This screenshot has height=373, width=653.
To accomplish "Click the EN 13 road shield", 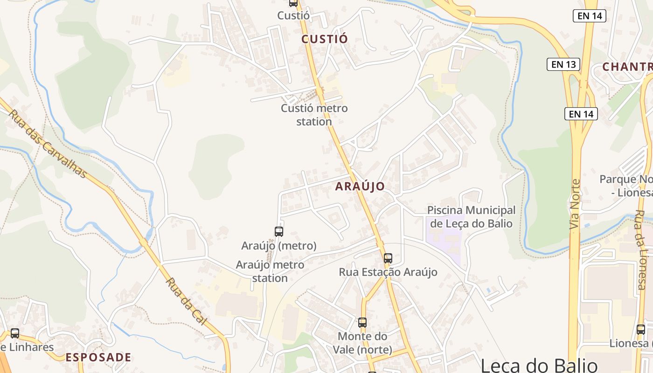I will [563, 64].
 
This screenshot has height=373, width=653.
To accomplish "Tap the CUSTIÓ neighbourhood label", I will [325, 39].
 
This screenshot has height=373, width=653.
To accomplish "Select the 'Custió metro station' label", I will [314, 115].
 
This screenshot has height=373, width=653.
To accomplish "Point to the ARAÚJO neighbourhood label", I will [360, 186].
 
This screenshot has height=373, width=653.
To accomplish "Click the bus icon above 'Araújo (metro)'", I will [279, 231].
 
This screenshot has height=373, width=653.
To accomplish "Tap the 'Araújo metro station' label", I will [270, 271].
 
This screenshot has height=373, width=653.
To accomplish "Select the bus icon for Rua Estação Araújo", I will [388, 258].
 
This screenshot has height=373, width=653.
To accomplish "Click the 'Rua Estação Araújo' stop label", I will [388, 272].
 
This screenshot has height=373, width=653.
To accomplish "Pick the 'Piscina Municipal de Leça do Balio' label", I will [471, 217].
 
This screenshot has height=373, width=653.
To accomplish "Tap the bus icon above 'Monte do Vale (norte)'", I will [362, 322].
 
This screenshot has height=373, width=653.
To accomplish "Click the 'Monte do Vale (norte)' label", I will [362, 343].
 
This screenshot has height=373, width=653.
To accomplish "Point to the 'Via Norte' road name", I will [575, 204].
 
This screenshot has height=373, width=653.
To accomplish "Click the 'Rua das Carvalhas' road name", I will [48, 144].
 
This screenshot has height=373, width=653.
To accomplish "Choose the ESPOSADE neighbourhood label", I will [98, 358].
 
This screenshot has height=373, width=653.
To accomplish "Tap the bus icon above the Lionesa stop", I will [641, 330].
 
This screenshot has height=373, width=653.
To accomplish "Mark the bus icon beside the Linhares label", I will [15, 333].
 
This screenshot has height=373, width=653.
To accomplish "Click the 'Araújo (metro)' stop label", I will [279, 245].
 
